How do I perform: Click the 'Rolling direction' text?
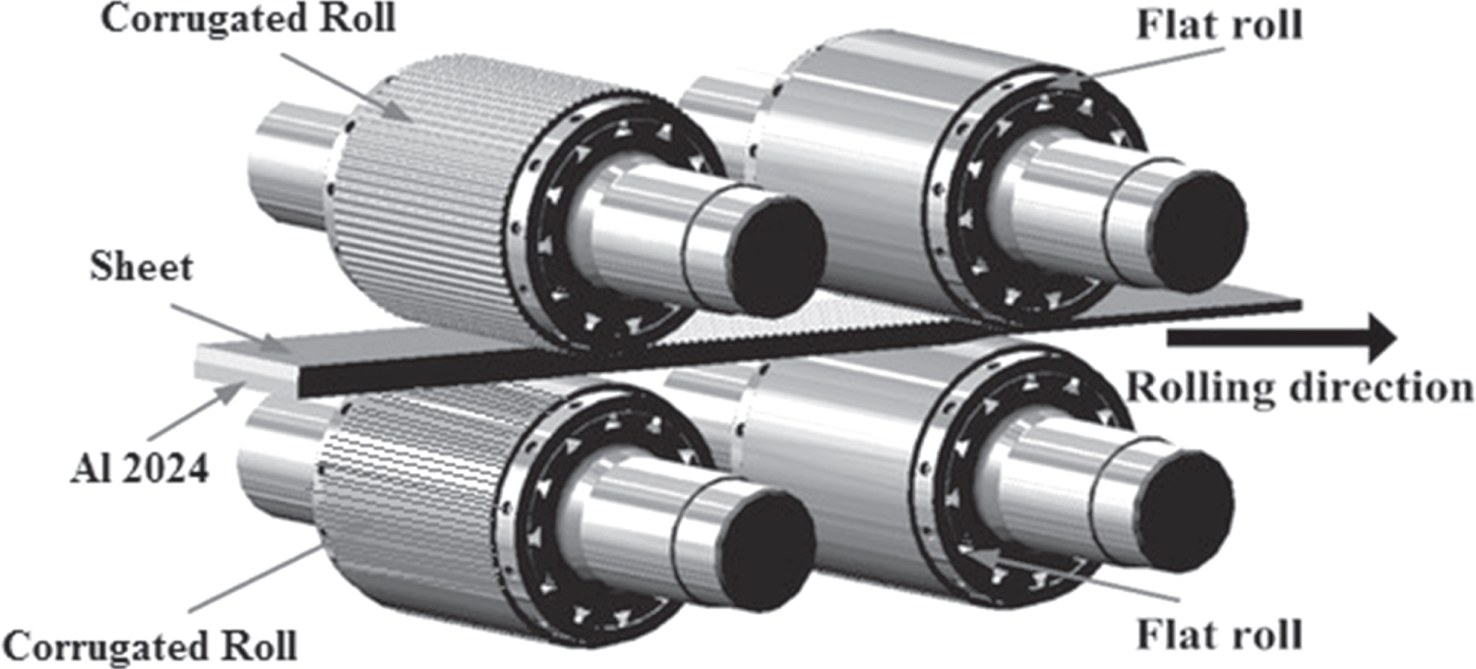click(1299, 386)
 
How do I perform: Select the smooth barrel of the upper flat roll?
click(846, 148)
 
